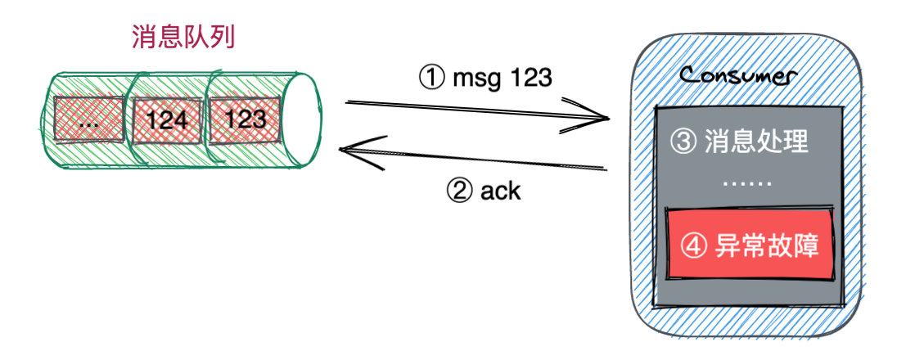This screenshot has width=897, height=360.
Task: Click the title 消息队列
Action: point(183,37)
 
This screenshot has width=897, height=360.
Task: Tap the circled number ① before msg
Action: point(431,79)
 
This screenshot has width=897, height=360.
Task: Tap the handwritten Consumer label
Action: point(737,76)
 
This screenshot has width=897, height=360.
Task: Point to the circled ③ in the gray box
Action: point(683,142)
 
